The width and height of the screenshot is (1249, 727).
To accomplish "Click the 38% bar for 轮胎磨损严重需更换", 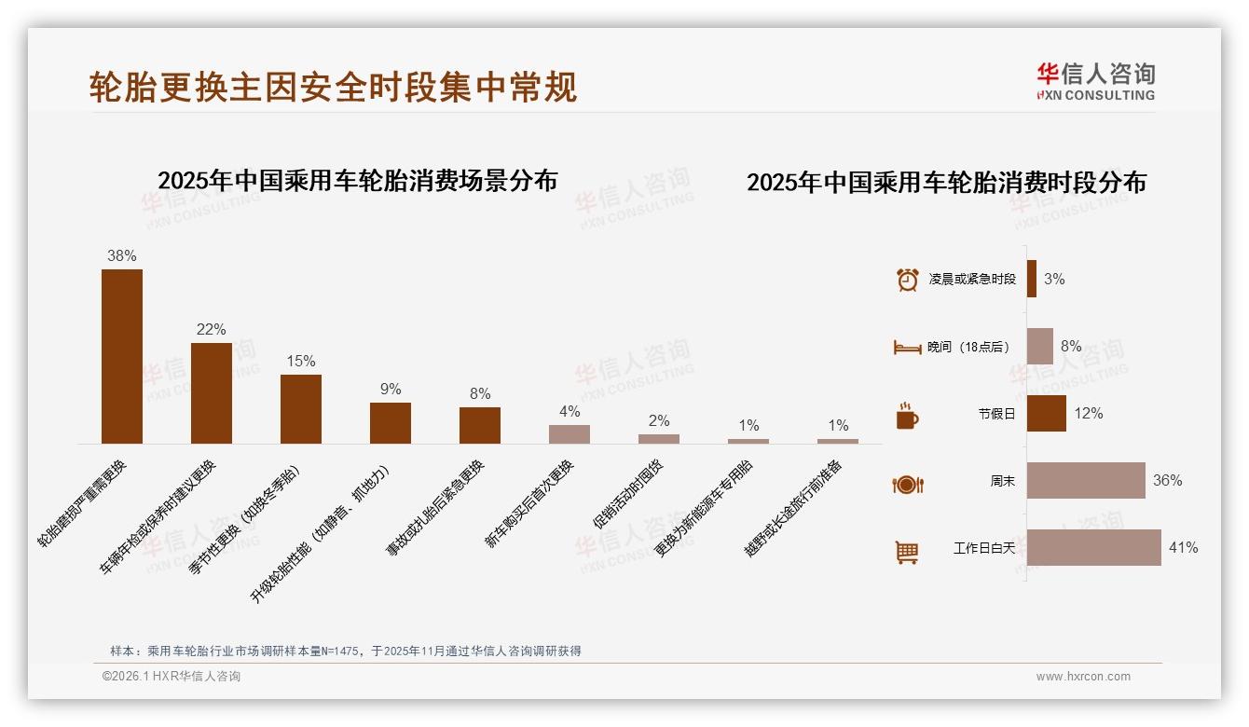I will [122, 356].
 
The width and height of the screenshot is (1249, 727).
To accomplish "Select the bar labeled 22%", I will [212, 392].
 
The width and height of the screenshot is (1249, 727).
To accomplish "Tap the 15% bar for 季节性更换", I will [301, 408].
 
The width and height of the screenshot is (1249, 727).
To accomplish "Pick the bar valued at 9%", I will [391, 422].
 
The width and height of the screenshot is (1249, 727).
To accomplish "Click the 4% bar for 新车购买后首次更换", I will [570, 433].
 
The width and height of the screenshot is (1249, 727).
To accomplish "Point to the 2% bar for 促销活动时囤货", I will [659, 438].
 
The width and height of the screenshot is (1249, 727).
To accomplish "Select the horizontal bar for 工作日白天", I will [1094, 548].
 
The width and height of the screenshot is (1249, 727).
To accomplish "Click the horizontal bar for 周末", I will [1086, 481].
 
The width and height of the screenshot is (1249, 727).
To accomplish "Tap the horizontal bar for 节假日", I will [1047, 414].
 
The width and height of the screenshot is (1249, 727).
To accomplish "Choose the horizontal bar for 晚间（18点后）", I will [1040, 347].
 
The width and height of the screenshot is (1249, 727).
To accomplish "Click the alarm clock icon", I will [907, 280].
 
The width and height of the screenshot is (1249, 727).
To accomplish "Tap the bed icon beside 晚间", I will [907, 348].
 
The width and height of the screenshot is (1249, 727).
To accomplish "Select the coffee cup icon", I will [907, 416].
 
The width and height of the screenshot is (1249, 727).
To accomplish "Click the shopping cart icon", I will [907, 552].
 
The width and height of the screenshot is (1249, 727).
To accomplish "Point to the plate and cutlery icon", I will [907, 484].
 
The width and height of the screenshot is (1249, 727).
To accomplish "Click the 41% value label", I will [1183, 548].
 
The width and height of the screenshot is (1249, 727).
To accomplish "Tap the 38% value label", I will [122, 255].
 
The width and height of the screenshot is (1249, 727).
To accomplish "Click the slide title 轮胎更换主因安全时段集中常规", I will [333, 87].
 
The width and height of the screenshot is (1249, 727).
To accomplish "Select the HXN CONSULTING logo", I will [1095, 82].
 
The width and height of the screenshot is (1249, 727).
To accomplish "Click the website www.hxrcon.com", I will [1083, 677].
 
